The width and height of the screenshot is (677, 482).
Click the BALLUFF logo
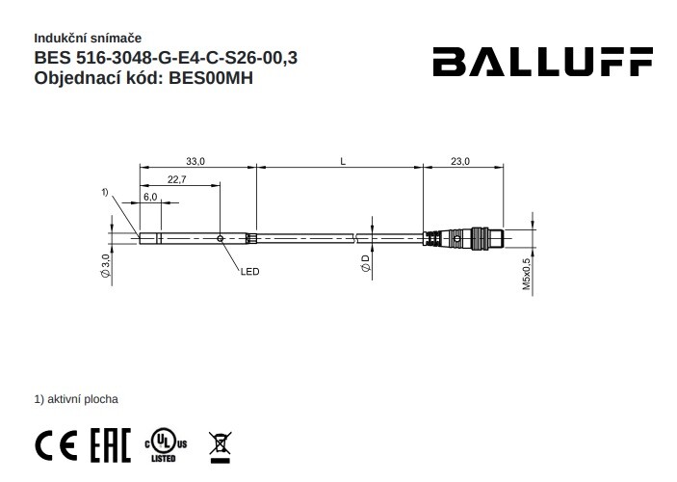(543, 62)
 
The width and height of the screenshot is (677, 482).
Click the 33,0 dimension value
(195, 162)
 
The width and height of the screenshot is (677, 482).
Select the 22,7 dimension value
(176, 179)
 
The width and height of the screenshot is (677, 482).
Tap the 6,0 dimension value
(150, 197)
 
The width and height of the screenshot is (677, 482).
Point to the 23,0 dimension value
(459, 162)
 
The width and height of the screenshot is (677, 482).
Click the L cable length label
(343, 162)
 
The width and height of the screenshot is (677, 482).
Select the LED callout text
(250, 272)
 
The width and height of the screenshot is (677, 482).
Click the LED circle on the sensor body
(221, 239)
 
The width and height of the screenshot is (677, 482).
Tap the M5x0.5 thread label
(527, 274)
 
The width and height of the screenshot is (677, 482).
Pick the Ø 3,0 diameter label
(106, 265)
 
